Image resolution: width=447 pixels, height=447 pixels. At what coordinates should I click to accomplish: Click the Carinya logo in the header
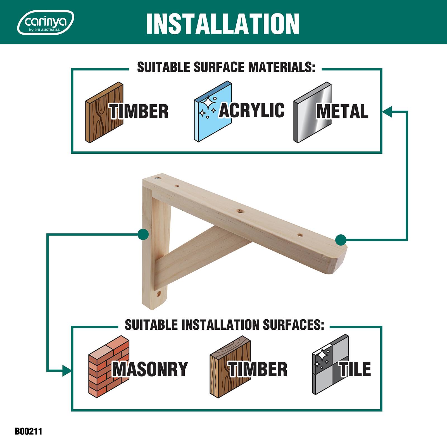pyautogui.click(x=46, y=22)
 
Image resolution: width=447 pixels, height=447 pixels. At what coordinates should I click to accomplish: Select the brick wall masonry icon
pyautogui.click(x=109, y=365)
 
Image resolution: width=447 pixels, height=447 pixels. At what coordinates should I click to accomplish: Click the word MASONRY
pyautogui.click(x=150, y=369)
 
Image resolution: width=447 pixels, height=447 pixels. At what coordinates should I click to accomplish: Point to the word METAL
pyautogui.click(x=342, y=111)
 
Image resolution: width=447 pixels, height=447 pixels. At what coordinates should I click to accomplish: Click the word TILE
pyautogui.click(x=355, y=369)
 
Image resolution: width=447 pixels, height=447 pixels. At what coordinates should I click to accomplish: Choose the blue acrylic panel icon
pyautogui.click(x=213, y=112)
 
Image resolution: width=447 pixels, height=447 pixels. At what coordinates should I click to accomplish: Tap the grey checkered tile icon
pyautogui.click(x=331, y=364)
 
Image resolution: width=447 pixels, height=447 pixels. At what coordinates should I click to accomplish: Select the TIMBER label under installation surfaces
pyautogui.click(x=258, y=369)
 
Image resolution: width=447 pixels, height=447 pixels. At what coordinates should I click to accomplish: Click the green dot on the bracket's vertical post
pyautogui.click(x=143, y=234)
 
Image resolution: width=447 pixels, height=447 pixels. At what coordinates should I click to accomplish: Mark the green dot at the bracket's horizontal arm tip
pyautogui.click(x=341, y=239)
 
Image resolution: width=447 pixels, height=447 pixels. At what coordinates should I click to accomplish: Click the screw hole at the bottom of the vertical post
pyautogui.click(x=159, y=294)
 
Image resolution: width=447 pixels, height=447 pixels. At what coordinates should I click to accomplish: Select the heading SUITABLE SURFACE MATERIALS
pyautogui.click(x=226, y=67)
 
